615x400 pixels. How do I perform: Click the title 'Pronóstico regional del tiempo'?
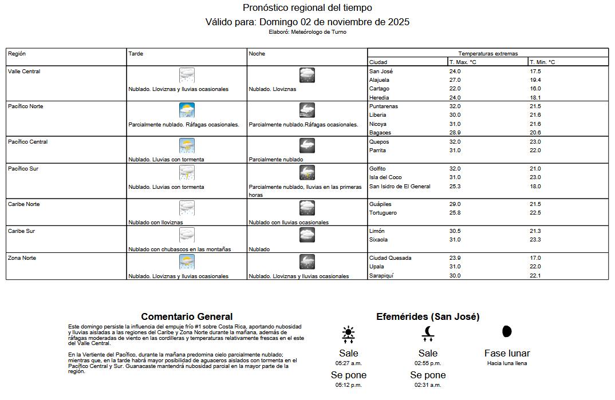(307, 7)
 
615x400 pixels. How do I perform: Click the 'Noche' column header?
(256, 54)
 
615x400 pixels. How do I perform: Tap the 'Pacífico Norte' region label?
(26, 106)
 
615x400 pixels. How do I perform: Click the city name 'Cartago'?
(379, 89)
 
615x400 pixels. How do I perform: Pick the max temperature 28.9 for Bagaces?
(455, 133)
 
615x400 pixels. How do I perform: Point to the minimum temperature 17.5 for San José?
(535, 72)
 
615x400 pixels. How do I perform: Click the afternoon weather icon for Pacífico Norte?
(187, 110)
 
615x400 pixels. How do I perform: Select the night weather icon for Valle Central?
(307, 76)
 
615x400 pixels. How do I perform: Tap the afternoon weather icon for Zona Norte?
(187, 262)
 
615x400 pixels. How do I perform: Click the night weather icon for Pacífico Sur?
(307, 173)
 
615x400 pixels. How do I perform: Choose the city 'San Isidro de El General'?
(400, 187)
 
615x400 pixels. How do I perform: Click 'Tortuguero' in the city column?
(383, 213)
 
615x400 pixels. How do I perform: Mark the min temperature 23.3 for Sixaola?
(535, 240)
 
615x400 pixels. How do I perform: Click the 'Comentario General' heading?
(187, 316)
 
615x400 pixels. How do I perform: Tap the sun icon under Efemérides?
(348, 334)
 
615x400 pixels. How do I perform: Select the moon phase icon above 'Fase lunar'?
(507, 331)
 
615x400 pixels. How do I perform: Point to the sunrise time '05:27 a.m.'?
(348, 363)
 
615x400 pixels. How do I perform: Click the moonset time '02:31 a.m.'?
(428, 385)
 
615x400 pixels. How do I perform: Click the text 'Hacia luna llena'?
(507, 363)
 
